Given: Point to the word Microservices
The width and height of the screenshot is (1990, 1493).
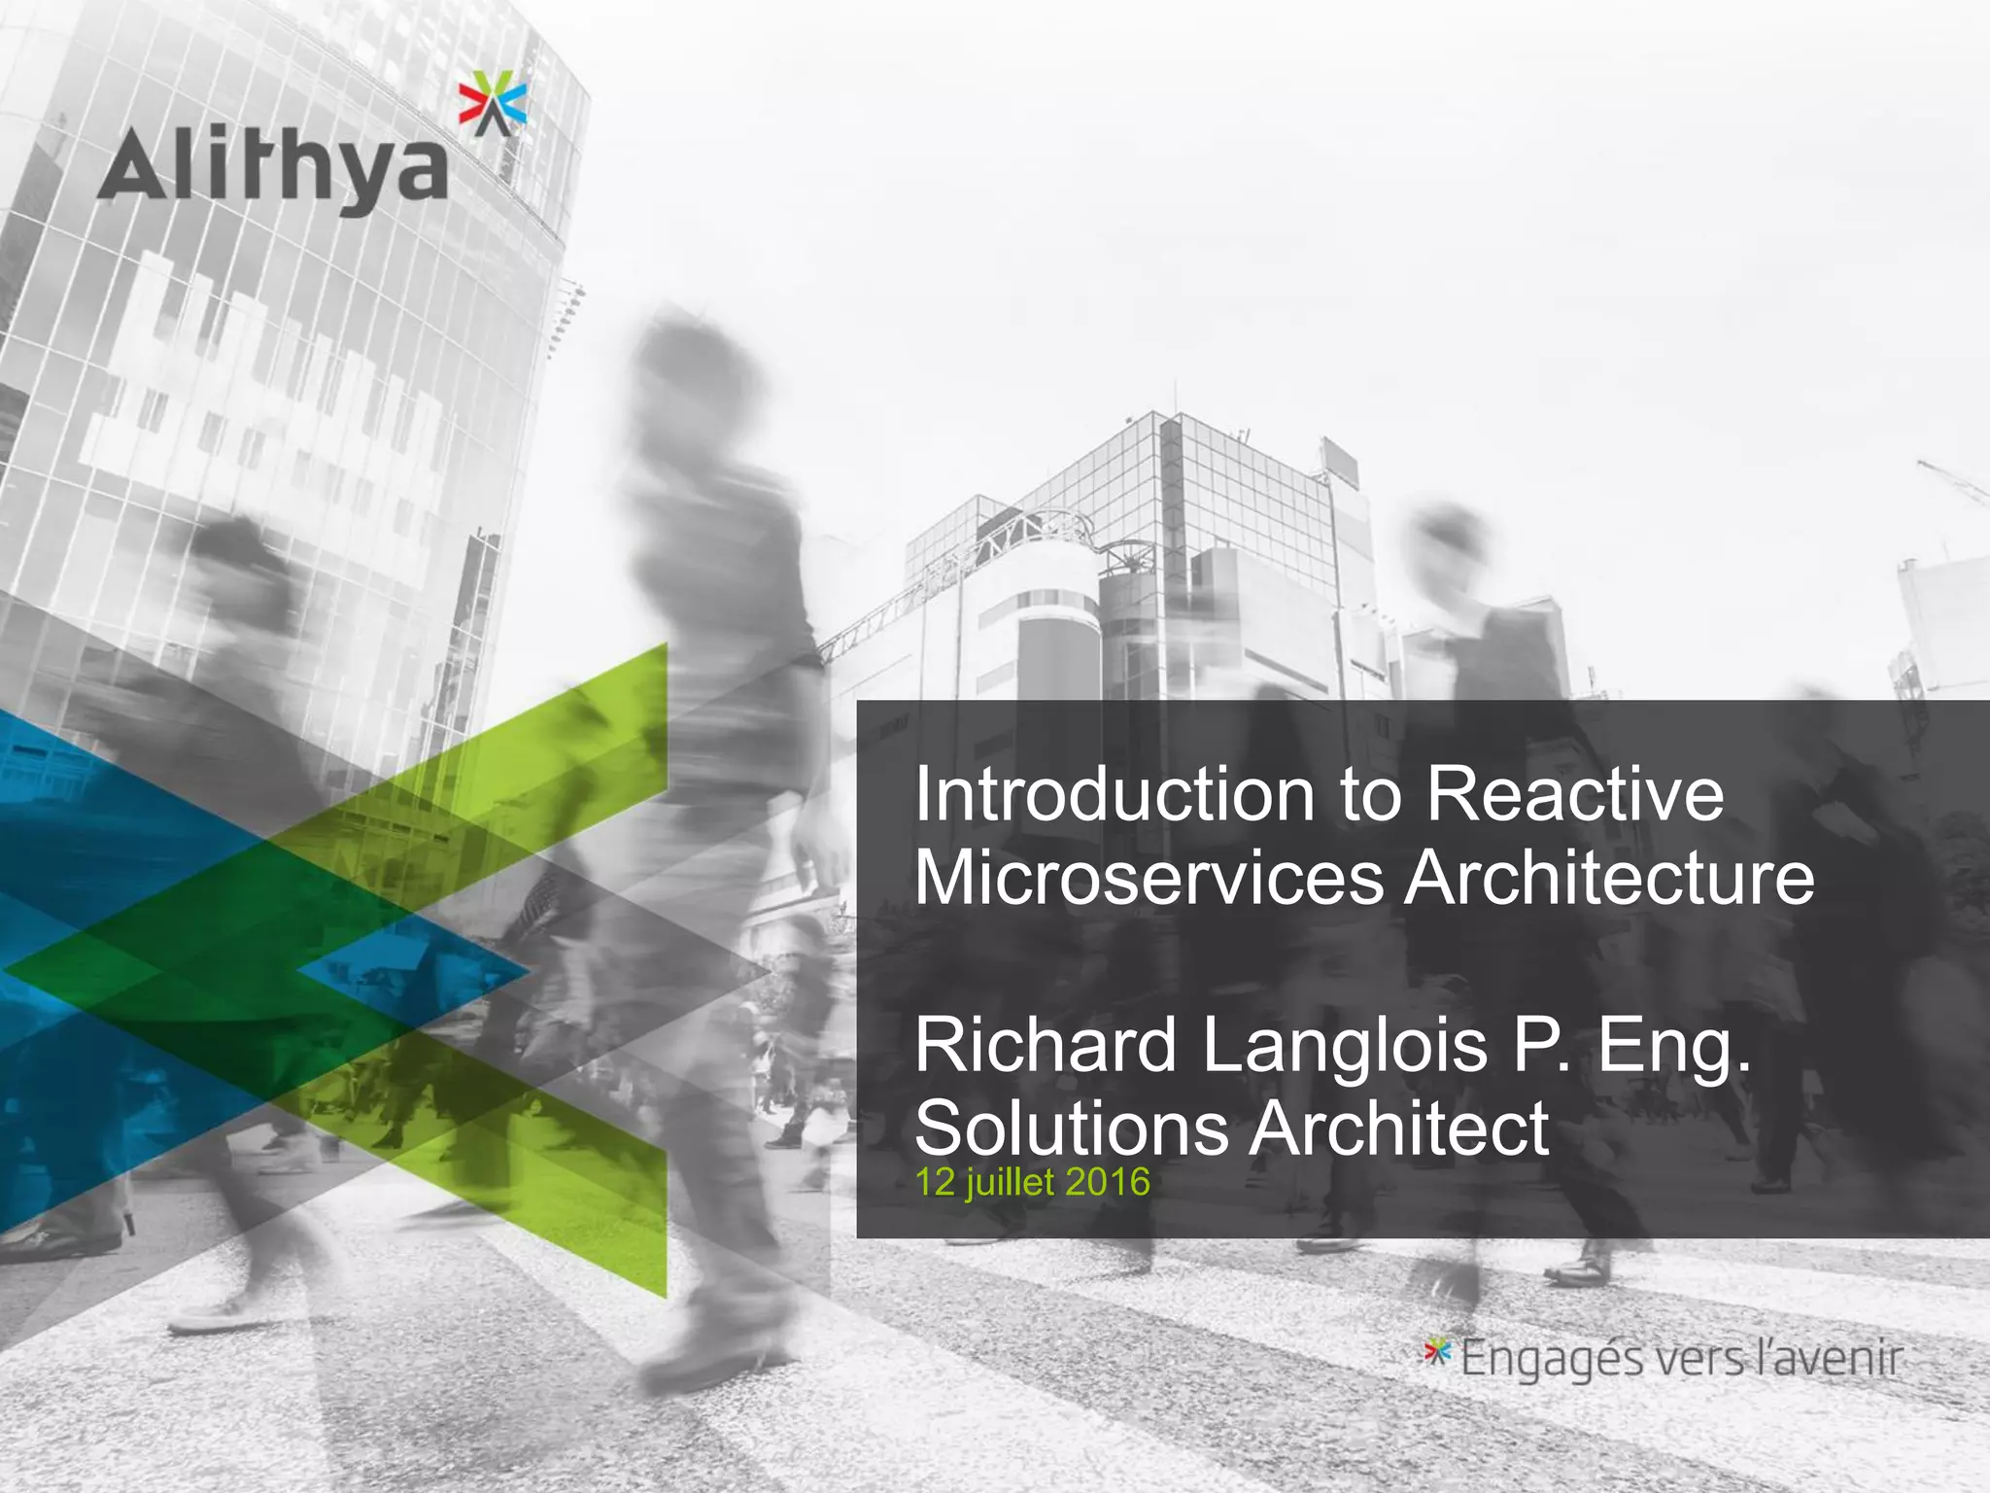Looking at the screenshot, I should coord(1149,878).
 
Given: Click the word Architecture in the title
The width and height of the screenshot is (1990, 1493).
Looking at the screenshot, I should coord(1609,878).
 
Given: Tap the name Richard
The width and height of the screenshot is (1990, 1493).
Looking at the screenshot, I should coord(1046,1046).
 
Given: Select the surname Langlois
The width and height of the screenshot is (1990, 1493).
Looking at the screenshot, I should coord(1346,1046).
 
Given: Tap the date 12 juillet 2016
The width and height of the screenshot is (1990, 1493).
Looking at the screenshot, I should coord(1032,1182).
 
